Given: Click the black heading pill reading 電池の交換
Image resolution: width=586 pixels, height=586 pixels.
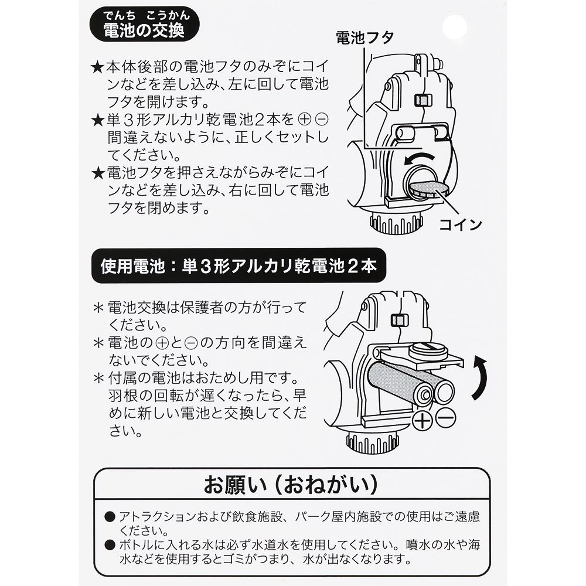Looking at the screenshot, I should [x=143, y=30].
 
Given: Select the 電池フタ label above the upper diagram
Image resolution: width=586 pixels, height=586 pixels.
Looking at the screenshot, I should [x=364, y=38].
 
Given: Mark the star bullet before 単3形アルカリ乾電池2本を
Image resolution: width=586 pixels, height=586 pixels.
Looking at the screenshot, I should [x=97, y=121].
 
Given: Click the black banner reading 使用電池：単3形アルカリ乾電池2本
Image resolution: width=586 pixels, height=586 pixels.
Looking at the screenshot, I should [x=238, y=268].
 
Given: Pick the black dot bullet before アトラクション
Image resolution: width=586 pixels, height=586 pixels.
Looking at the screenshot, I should [x=109, y=517].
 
